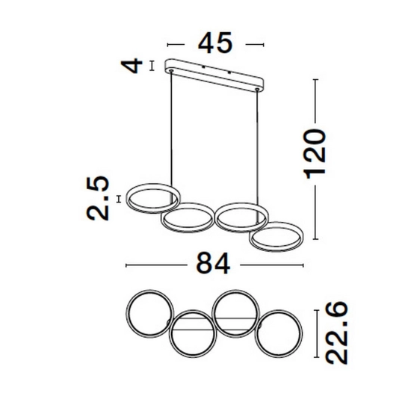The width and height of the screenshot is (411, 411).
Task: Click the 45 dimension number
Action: click(215, 43)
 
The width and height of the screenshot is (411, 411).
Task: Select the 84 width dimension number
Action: click(213, 263)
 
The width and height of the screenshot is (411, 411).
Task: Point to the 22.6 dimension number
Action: click(336, 333)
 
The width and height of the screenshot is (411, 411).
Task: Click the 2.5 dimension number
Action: click(97, 198)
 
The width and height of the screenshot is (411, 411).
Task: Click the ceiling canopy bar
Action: click(214, 75)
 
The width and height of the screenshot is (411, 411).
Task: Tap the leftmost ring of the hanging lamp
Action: click(152, 198)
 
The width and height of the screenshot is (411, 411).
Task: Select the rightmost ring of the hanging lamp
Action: click(277, 237)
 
